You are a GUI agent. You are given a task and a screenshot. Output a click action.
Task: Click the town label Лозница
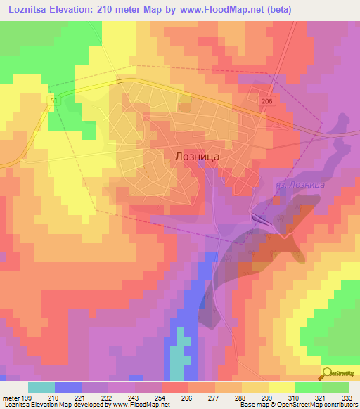coord(195,158)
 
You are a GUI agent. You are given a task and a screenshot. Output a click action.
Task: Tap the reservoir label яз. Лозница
coord(297,184)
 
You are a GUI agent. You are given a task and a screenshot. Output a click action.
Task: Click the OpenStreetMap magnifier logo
coord(338,373)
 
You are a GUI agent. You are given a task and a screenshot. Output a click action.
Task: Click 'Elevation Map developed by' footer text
coord(78,405)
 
